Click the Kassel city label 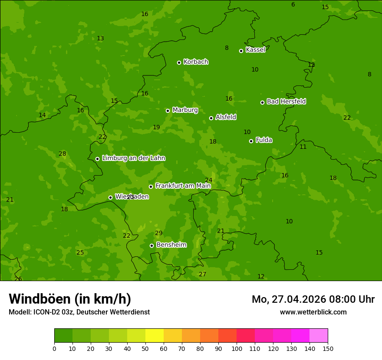point(255,50)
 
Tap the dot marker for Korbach point(179,62)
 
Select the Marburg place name point(185,110)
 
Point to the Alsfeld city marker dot point(211,118)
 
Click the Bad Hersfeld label point(286,101)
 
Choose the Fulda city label point(264,140)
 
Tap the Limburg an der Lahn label point(133,158)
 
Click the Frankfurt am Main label point(183,186)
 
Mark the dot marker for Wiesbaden point(110,197)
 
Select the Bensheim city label point(171,245)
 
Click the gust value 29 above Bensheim point(158,233)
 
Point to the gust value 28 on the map point(63,154)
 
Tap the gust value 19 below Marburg point(156,128)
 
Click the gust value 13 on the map point(100,39)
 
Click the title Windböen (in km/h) point(70,299)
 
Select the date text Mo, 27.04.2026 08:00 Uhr point(313,299)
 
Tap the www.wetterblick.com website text point(313,312)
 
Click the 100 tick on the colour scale point(237,348)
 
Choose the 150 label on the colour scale point(328,348)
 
